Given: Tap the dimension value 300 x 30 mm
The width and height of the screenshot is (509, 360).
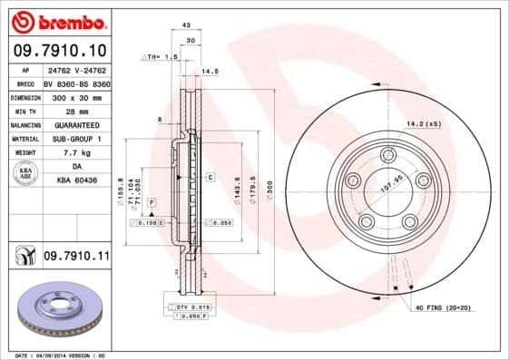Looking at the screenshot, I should click(76, 94).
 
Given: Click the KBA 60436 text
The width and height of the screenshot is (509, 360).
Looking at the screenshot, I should click(76, 180).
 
